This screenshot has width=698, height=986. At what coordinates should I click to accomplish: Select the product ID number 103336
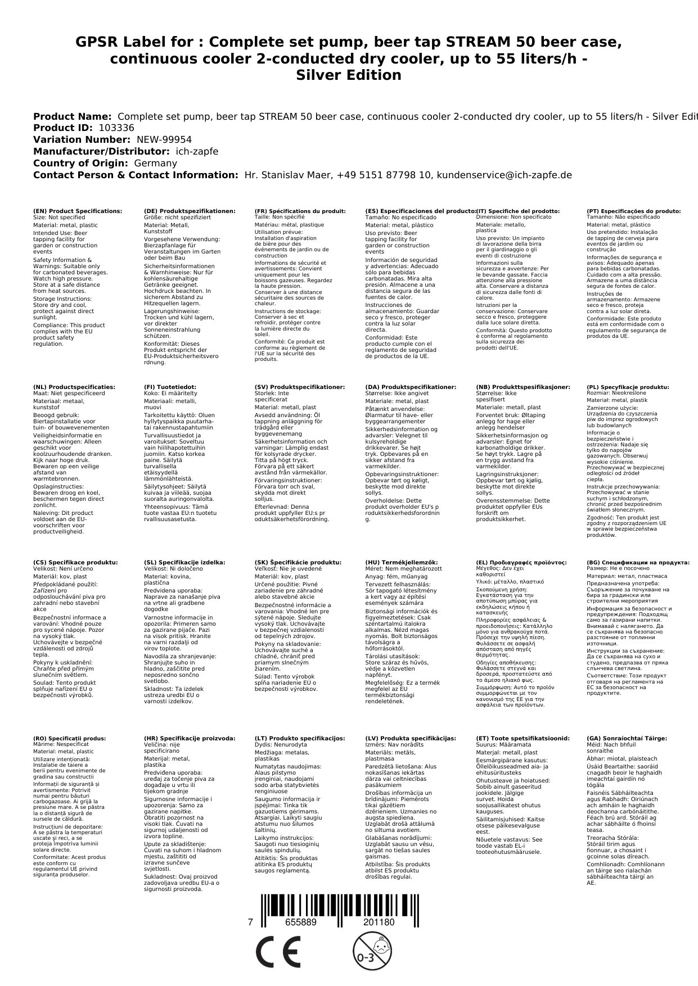click(x=116, y=128)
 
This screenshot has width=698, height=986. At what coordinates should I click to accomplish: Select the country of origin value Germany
click(x=155, y=164)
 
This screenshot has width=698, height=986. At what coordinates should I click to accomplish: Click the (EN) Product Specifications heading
click(x=78, y=211)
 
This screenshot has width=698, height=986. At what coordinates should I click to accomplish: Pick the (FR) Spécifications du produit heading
click(x=300, y=211)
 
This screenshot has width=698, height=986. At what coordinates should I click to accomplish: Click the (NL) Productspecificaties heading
click(x=74, y=387)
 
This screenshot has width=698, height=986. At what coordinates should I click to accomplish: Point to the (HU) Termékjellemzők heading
click(x=401, y=562)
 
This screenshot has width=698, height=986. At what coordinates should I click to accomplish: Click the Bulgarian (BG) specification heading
click(x=638, y=562)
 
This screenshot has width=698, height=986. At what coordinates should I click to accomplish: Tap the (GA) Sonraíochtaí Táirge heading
click(x=619, y=738)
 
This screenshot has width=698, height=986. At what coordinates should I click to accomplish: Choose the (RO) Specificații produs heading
click(x=70, y=738)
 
